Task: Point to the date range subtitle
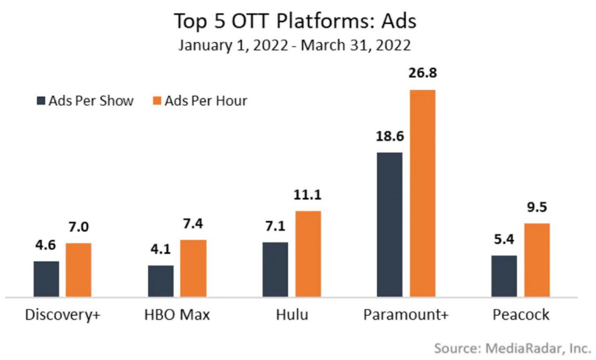(295, 46)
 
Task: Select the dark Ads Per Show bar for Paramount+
(389, 224)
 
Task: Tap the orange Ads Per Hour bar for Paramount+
(422, 194)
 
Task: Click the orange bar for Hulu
(308, 254)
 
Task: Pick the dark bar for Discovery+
(46, 279)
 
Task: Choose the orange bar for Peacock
(536, 260)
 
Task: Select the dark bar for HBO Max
(161, 281)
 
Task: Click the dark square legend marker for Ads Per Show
(41, 101)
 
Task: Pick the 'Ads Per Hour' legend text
(206, 101)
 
